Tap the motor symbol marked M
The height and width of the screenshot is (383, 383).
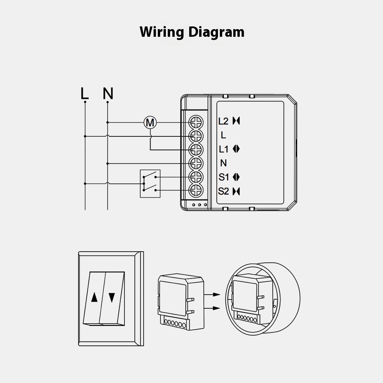pos(150,123)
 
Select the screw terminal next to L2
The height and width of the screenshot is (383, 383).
pos(196,122)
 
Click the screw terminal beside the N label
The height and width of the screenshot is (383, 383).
pos(196,163)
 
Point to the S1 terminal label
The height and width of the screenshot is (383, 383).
pos(224,177)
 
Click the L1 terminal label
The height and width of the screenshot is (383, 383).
pos(224,149)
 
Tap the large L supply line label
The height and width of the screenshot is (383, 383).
pos(85,93)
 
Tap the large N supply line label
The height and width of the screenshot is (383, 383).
pos(108,93)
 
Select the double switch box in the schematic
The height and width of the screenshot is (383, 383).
pos(151,183)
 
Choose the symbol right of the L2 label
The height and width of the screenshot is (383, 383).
pos(236,121)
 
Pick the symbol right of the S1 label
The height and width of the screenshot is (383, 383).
pos(236,177)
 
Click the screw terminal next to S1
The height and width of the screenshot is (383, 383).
pos(196,177)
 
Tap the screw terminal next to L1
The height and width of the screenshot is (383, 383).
pos(196,149)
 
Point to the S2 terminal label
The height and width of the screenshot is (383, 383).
pos(224,191)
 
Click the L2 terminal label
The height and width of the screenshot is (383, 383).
pos(223,121)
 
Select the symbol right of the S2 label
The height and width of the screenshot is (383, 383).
pos(236,191)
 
